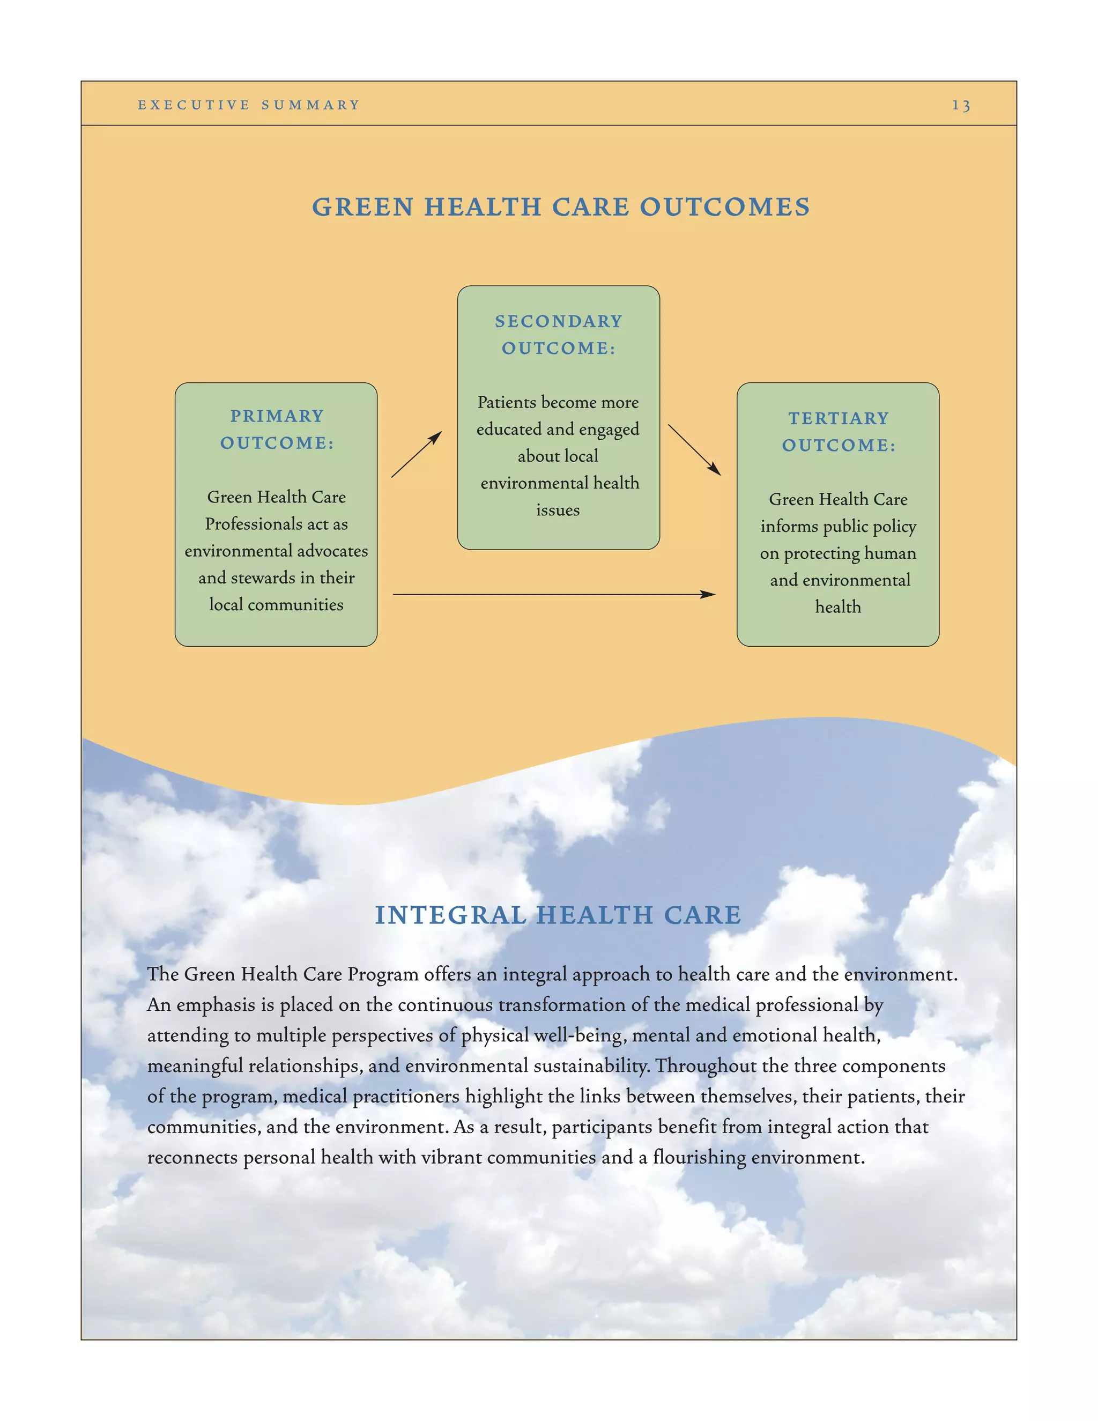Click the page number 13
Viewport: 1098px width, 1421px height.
click(961, 106)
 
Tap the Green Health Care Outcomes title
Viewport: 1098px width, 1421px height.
click(561, 207)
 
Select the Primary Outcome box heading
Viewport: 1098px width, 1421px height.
click(277, 430)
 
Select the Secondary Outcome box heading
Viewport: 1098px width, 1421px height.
click(558, 335)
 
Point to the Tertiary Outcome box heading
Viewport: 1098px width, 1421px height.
click(839, 431)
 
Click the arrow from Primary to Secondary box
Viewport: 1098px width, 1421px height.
click(416, 454)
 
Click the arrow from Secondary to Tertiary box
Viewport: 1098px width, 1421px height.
click(694, 449)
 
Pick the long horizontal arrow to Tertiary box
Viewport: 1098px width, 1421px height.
click(553, 594)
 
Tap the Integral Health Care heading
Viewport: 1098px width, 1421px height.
click(558, 915)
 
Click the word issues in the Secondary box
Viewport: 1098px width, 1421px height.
click(558, 510)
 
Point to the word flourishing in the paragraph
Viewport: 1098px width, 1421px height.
click(699, 1158)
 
